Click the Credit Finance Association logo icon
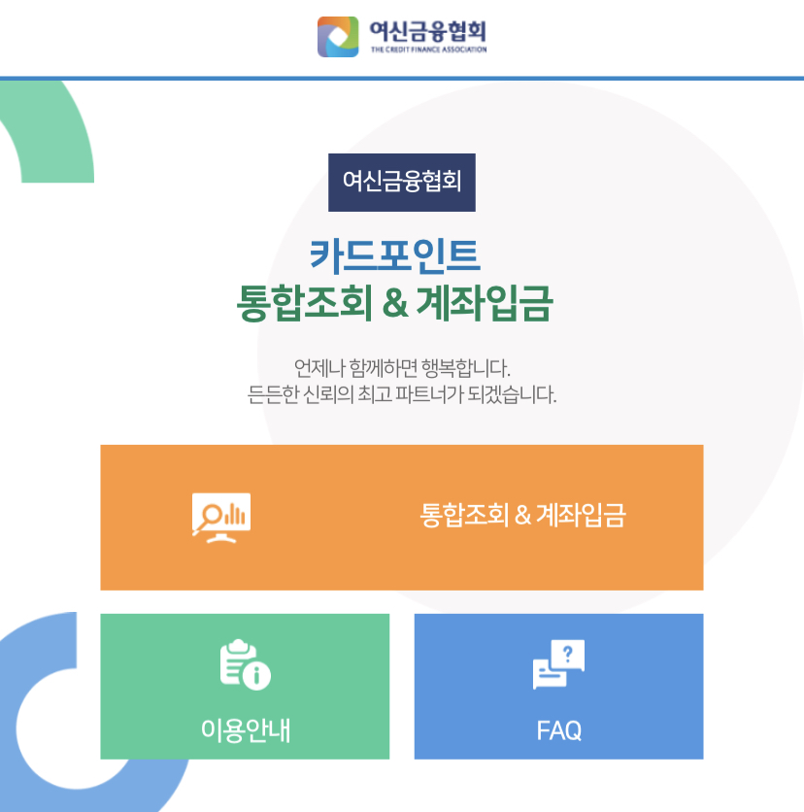pyautogui.click(x=338, y=36)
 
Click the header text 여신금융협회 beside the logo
pyautogui.click(x=427, y=29)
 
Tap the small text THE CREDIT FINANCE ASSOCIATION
pyautogui.click(x=428, y=50)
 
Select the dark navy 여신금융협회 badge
pyautogui.click(x=402, y=182)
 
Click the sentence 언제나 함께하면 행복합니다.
pyautogui.click(x=402, y=369)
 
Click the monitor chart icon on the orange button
pyautogui.click(x=221, y=516)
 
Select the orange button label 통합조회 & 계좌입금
pyautogui.click(x=522, y=515)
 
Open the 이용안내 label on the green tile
pyautogui.click(x=245, y=729)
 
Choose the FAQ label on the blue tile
pyautogui.click(x=558, y=729)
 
